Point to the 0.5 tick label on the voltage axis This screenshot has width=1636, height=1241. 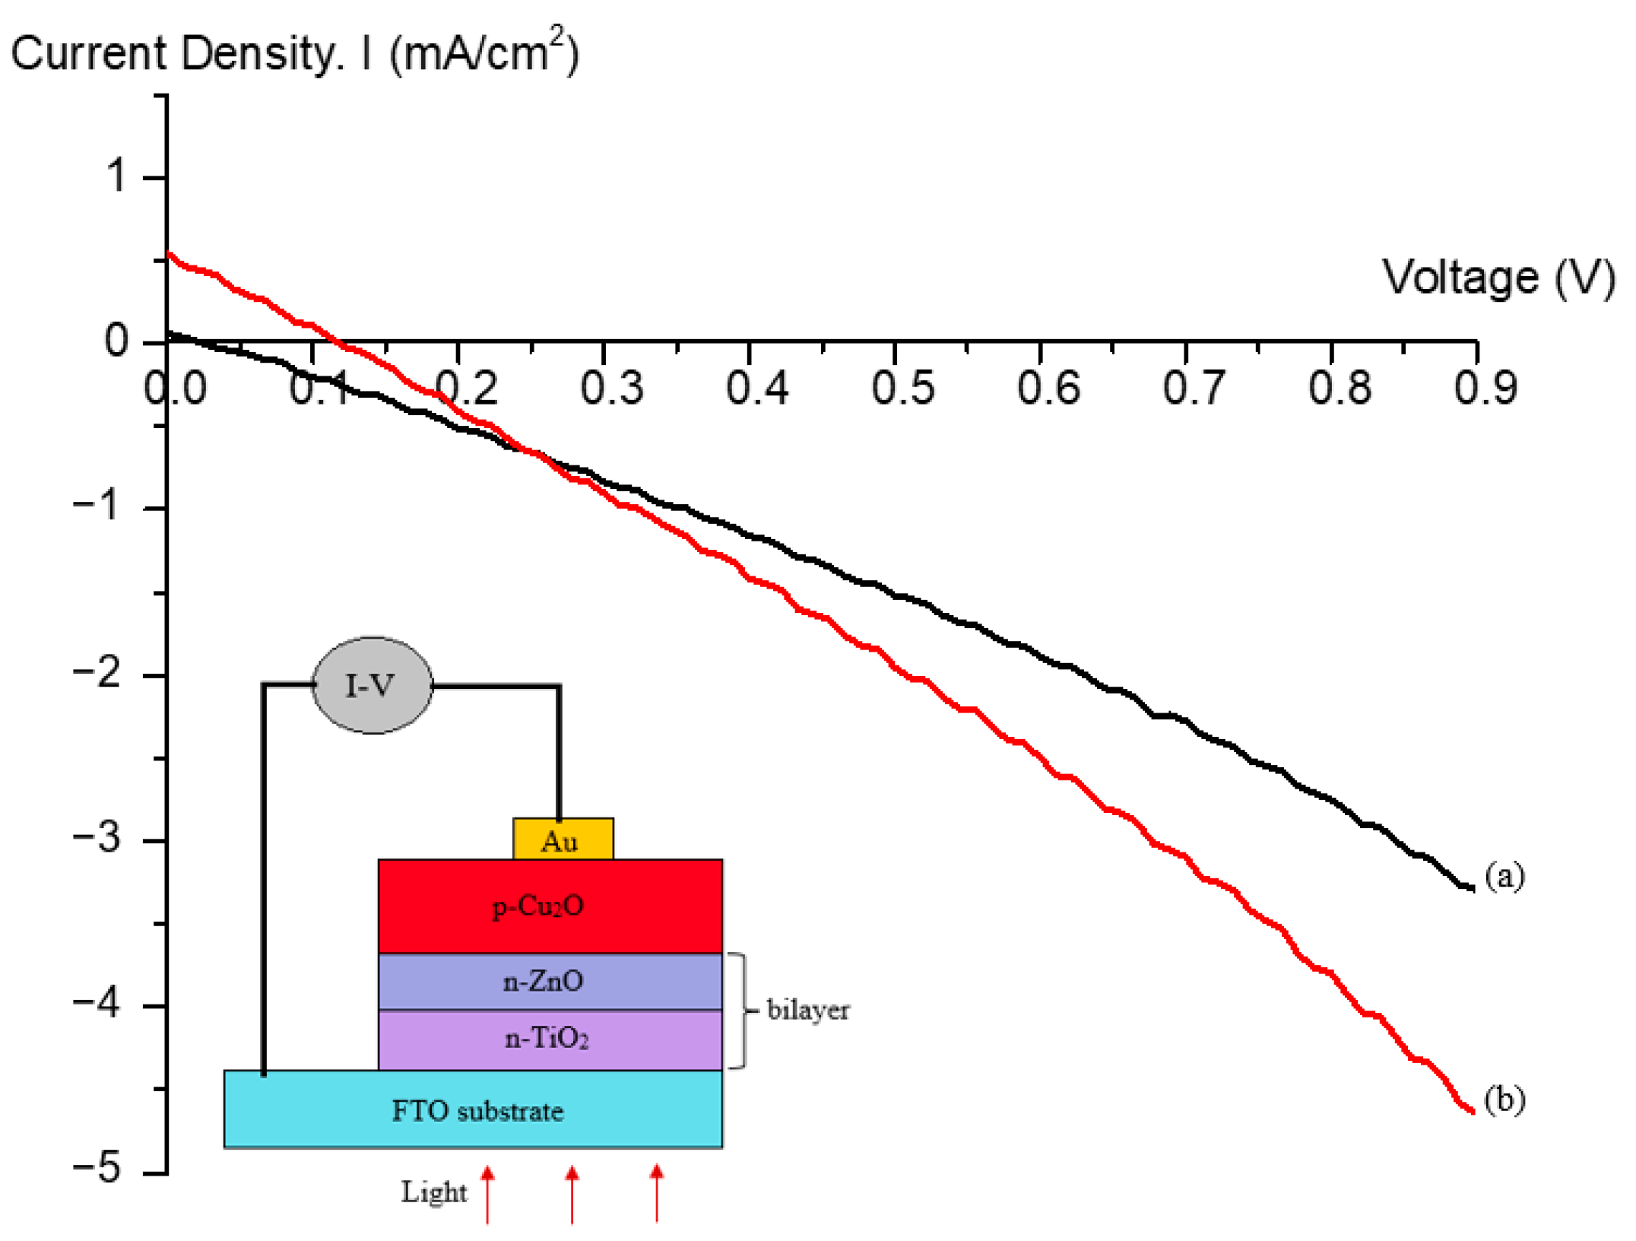pyautogui.click(x=902, y=388)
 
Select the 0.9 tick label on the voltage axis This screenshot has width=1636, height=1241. pyautogui.click(x=1485, y=388)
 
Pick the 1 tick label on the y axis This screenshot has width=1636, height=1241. pyautogui.click(x=116, y=176)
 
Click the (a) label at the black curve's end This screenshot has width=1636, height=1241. pyautogui.click(x=1504, y=876)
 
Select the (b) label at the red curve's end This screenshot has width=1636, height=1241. pyautogui.click(x=1504, y=1100)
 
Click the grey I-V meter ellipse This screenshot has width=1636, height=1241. pyautogui.click(x=373, y=686)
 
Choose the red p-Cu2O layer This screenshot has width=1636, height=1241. pyautogui.click(x=550, y=906)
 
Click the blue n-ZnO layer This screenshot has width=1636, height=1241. pyautogui.click(x=550, y=982)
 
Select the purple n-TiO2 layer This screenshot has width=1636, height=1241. pyautogui.click(x=550, y=1039)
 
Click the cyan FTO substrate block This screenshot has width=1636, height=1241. pyautogui.click(x=473, y=1110)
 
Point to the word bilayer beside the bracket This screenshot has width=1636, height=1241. pyautogui.click(x=808, y=1011)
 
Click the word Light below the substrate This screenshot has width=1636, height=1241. pyautogui.click(x=433, y=1192)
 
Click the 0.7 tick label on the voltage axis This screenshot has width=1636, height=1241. pyautogui.click(x=1194, y=388)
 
